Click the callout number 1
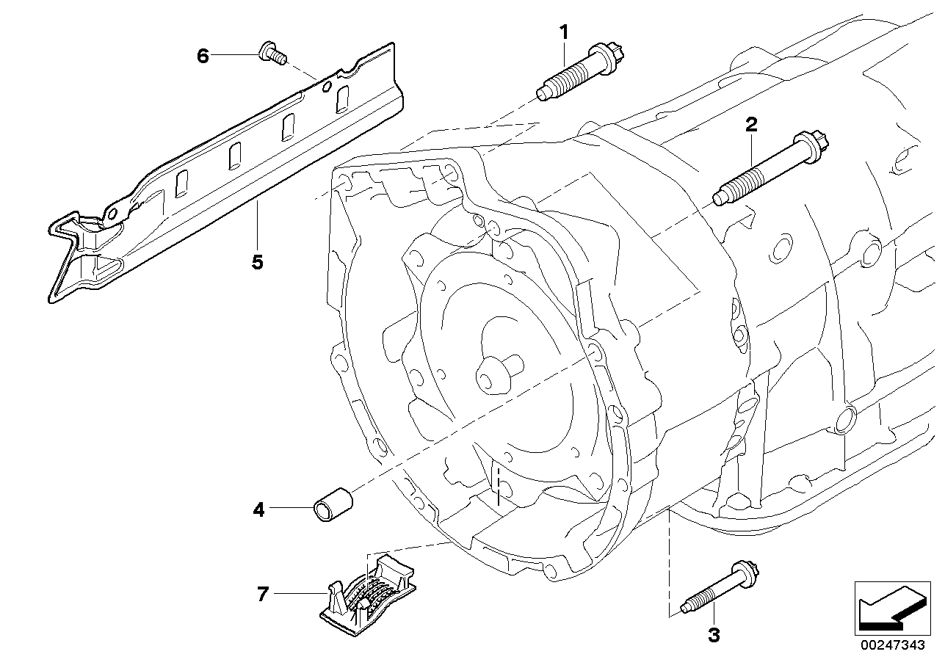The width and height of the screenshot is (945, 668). click(564, 32)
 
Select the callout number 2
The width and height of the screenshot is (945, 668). click(750, 125)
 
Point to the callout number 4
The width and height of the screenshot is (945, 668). click(258, 509)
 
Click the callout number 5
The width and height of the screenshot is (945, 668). click(257, 262)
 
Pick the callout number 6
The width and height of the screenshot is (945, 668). click(203, 55)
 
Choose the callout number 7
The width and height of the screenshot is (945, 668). click(263, 595)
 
